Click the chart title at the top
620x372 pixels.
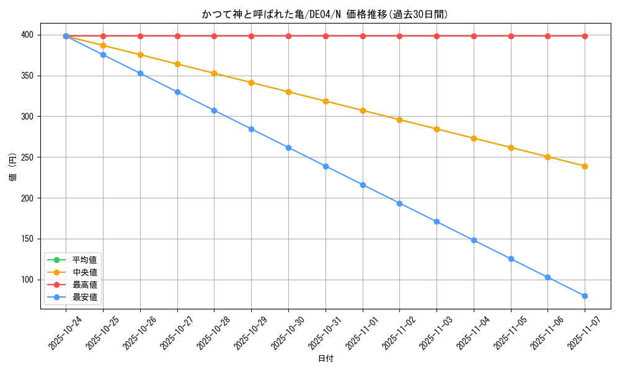325,14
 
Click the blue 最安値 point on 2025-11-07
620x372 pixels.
585,296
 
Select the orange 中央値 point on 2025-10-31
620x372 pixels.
325,101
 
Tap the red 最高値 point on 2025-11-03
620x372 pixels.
436,36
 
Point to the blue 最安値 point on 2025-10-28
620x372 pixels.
214,110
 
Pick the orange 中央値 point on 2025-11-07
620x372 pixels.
585,166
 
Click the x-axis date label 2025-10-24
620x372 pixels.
65,333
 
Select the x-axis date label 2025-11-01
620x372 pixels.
361,333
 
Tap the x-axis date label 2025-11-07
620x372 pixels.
584,333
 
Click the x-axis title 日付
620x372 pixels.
325,359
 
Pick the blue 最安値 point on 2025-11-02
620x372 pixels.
399,203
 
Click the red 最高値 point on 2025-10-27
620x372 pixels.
177,36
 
